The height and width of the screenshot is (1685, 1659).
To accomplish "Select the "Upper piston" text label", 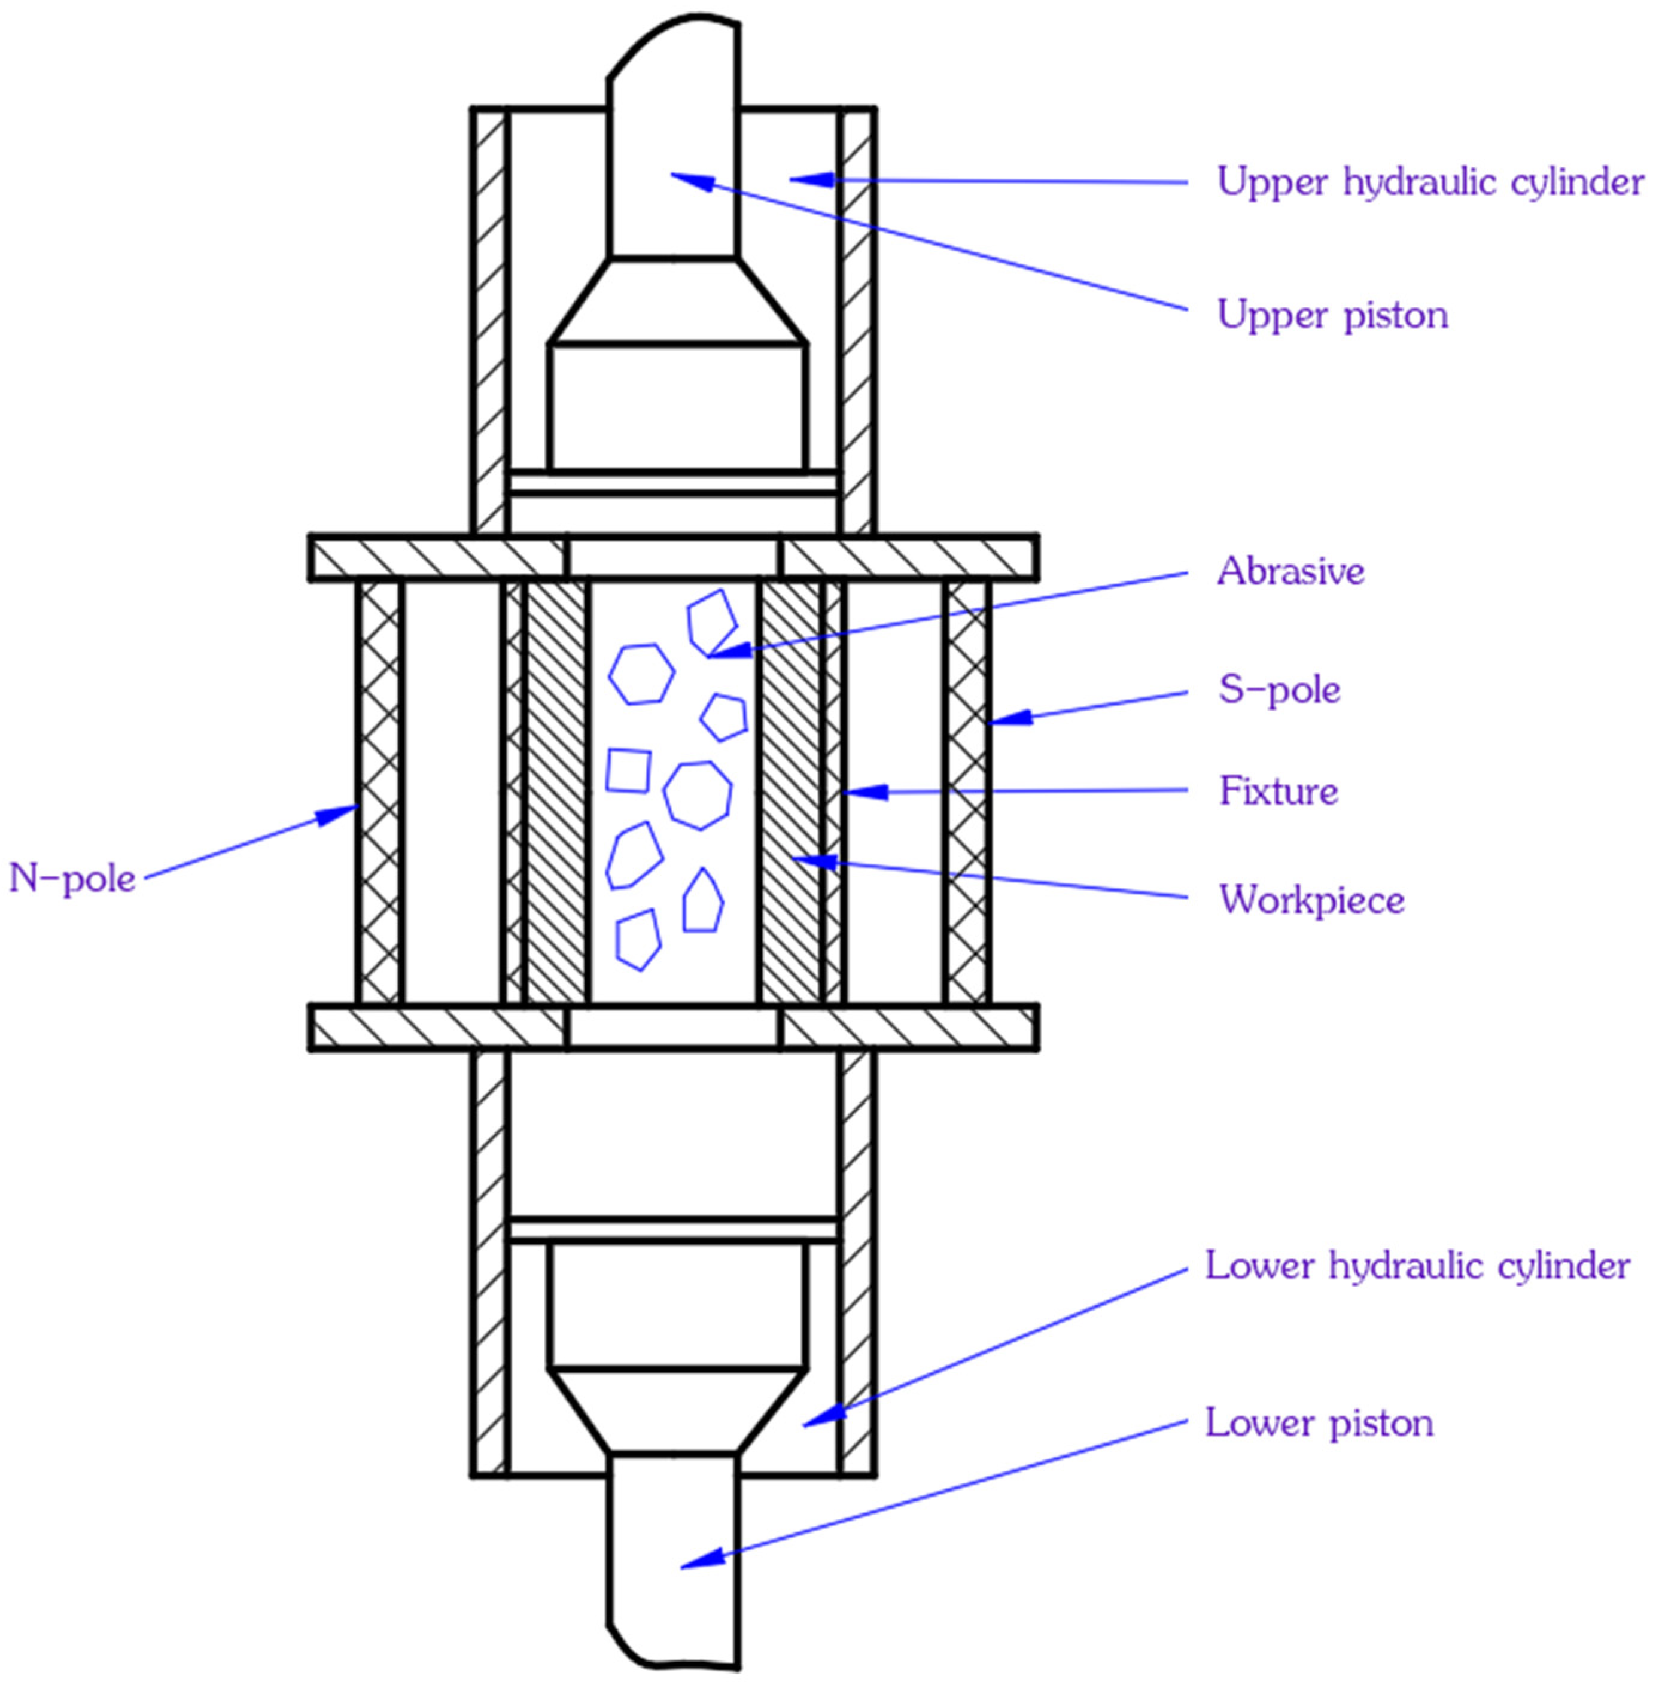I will click(1332, 315).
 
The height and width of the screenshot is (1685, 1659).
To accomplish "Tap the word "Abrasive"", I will click(1290, 572).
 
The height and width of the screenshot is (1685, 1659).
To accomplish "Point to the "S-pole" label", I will click(1279, 690).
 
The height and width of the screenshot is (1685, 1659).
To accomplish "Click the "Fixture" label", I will click(1279, 792).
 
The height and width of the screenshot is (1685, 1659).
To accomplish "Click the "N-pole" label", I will click(72, 878).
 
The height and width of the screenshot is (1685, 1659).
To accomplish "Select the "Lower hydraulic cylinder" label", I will click(1417, 1266).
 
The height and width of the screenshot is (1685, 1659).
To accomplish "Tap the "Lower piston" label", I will click(1319, 1423).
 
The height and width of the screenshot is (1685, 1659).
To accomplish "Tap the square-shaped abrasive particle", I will click(628, 770).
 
